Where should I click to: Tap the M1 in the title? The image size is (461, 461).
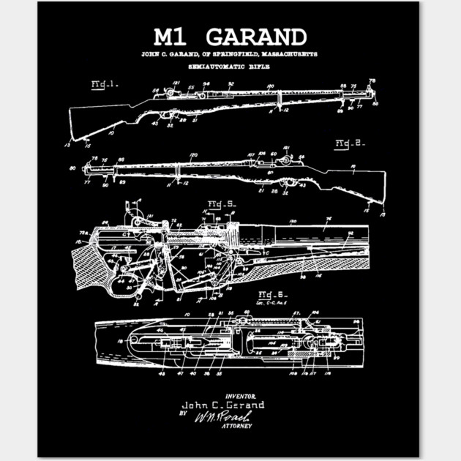click(171, 36)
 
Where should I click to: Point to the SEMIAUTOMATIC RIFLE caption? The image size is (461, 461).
click(230, 67)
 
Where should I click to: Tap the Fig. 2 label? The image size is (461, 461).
click(349, 143)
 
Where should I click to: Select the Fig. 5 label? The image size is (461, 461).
click(220, 203)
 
